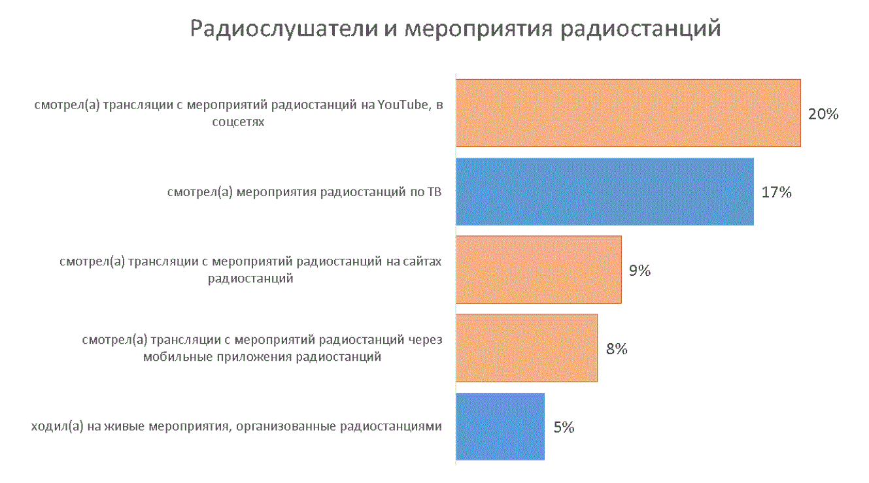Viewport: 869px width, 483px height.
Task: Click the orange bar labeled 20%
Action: point(628,113)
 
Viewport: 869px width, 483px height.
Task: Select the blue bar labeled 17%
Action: point(604,192)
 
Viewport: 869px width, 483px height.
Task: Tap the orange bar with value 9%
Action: point(538,270)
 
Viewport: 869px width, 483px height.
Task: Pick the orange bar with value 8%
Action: point(526,348)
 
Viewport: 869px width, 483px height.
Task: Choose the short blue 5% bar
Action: point(500,426)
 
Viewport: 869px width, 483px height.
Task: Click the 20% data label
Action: point(823,114)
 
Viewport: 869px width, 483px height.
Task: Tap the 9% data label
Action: point(639,271)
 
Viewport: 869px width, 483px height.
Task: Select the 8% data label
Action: point(616,349)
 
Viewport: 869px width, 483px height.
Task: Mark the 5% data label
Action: point(563,427)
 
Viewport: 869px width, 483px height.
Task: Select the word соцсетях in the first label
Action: point(239,122)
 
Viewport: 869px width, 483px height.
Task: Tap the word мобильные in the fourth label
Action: point(170,357)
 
